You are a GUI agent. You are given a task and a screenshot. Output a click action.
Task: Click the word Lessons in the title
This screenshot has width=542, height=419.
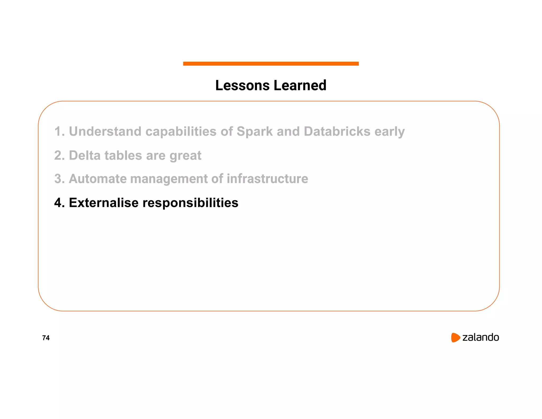tap(242, 86)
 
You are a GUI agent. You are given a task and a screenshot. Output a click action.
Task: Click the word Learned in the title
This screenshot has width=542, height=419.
tap(300, 86)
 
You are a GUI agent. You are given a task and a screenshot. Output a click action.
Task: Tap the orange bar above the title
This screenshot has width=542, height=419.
tap(271, 64)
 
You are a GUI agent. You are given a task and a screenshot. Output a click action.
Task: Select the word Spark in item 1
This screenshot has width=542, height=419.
tap(254, 131)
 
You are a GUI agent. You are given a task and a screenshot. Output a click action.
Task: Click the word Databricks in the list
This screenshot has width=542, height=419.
tap(337, 131)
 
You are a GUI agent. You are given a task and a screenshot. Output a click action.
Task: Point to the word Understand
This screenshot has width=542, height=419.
tap(105, 131)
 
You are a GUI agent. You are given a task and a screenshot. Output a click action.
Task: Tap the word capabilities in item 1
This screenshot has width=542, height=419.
tap(181, 132)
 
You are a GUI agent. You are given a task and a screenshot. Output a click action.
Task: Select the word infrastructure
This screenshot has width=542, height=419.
tap(267, 179)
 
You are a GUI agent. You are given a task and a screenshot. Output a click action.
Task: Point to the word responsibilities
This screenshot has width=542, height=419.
tap(190, 203)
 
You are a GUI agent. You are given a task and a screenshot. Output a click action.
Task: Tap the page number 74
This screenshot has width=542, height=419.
tap(46, 338)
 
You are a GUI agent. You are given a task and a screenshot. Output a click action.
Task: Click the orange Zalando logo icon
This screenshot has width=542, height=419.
tap(455, 337)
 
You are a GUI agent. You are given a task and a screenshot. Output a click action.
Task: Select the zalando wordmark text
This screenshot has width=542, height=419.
tap(480, 337)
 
